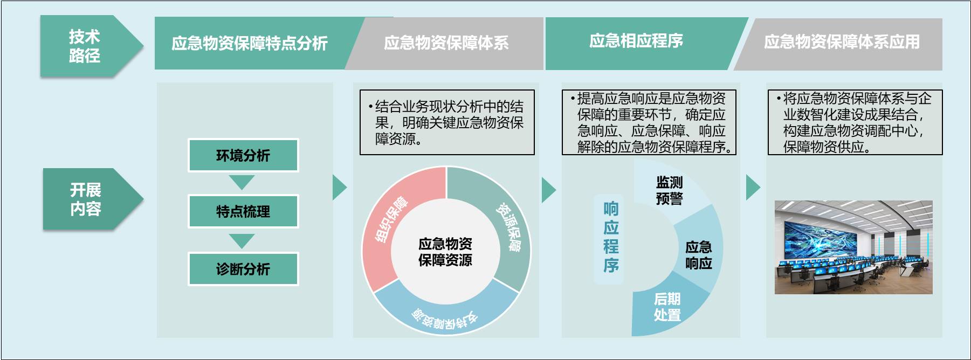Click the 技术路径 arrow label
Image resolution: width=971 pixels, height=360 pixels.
(x=85, y=46)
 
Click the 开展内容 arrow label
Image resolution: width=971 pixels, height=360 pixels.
(x=86, y=199)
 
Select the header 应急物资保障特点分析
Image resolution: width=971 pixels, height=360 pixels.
(x=249, y=43)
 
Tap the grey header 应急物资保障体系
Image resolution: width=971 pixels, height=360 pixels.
(x=446, y=43)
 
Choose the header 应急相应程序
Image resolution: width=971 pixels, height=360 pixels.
(x=636, y=41)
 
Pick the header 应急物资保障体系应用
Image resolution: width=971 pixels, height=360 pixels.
(x=842, y=42)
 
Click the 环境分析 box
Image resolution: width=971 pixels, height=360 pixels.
(x=243, y=156)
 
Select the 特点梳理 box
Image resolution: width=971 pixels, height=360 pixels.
(x=243, y=212)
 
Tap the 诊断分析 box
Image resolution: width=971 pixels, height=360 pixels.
(x=243, y=269)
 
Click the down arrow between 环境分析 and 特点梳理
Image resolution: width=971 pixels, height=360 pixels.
(x=242, y=182)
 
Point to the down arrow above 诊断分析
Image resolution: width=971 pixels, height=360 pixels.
(x=242, y=240)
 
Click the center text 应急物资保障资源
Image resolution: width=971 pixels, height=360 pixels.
(x=445, y=252)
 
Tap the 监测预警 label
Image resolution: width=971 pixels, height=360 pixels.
(x=669, y=190)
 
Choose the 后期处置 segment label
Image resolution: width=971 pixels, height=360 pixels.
(x=667, y=307)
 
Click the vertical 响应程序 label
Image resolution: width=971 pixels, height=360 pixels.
(x=611, y=237)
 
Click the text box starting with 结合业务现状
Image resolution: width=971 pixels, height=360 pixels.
(x=447, y=122)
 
